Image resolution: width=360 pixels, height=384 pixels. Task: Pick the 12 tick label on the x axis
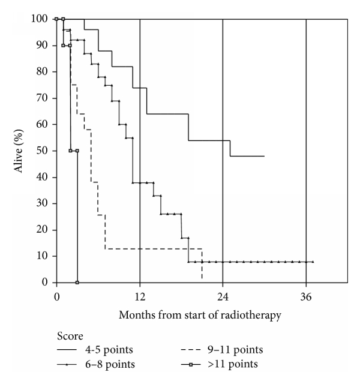pyautogui.click(x=139, y=295)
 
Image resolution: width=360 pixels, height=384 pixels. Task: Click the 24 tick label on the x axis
pyautogui.click(x=223, y=295)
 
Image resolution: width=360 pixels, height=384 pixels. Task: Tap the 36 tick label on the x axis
pyautogui.click(x=306, y=295)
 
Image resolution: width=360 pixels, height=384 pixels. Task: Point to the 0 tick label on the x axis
pyautogui.click(x=56, y=295)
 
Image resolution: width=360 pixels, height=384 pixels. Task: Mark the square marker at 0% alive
pyautogui.click(x=77, y=282)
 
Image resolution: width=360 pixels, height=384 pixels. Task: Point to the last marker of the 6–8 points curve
pyautogui.click(x=313, y=262)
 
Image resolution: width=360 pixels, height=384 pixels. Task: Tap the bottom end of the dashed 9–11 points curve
pyautogui.click(x=202, y=278)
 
